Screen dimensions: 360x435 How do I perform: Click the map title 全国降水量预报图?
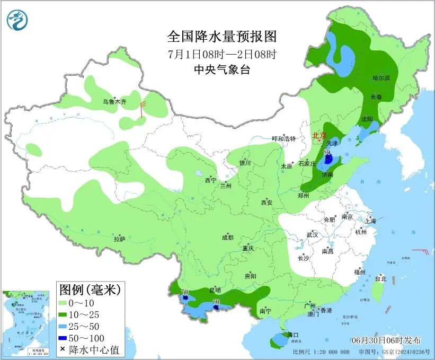pos(222,37)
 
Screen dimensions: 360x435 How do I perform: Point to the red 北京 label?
pos(319,136)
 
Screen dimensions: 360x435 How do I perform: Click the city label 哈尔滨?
pos(381,78)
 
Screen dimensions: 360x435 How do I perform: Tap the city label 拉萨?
pos(119,239)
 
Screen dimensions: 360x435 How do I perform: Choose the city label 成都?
pos(228,238)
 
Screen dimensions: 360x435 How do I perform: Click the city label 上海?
pos(369,221)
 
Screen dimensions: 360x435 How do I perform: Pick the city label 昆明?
pos(215,291)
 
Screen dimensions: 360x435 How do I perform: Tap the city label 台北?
pos(380,278)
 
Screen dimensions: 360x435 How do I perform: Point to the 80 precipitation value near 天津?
pos(327,152)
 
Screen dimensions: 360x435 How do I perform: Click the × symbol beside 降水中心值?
pos(63,349)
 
